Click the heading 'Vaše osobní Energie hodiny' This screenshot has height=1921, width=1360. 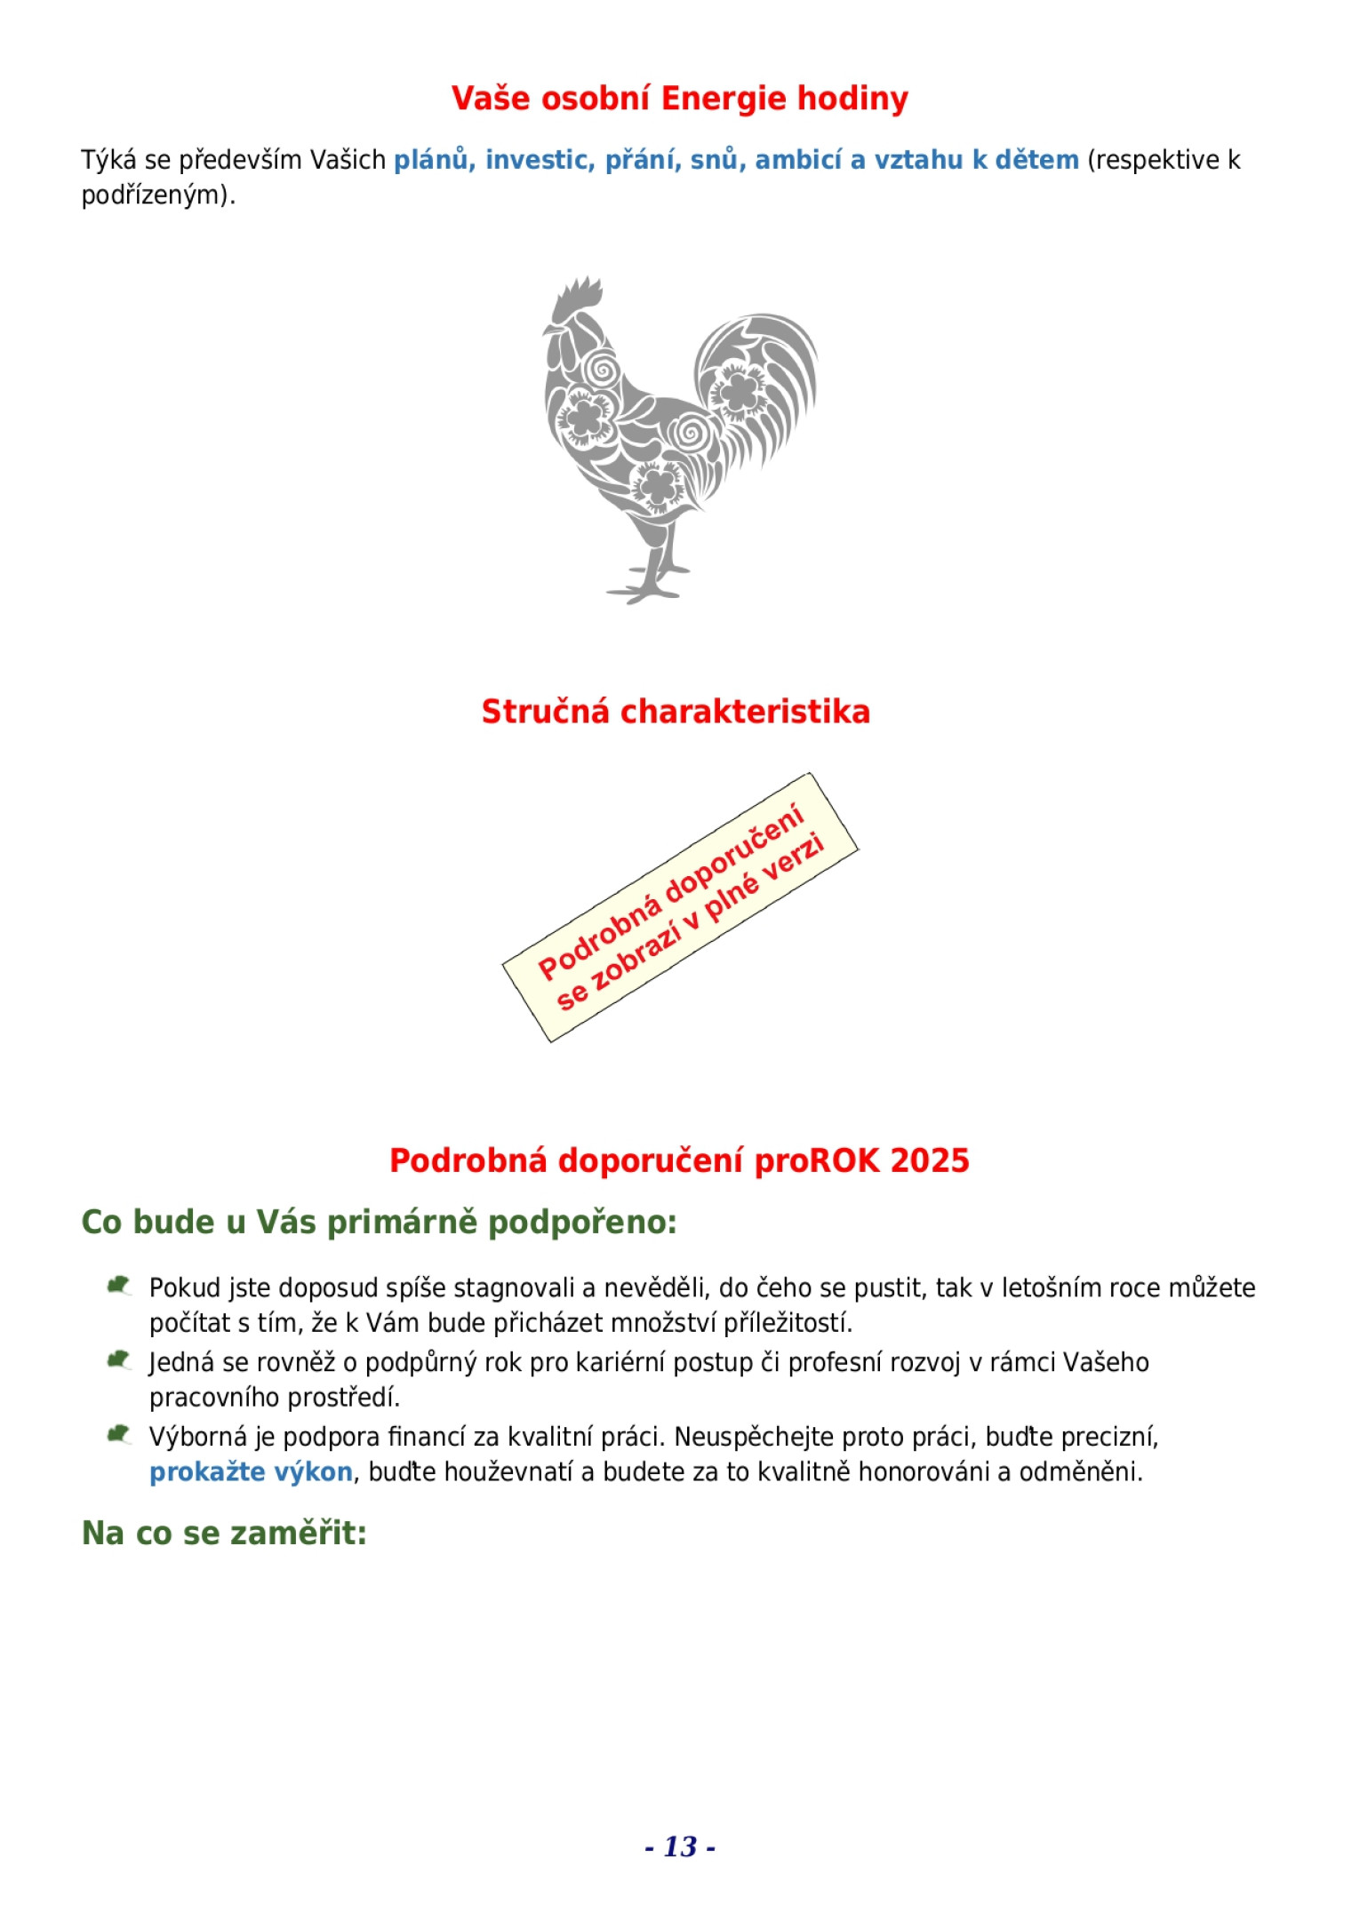coord(679,99)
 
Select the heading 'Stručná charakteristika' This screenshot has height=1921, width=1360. coord(676,712)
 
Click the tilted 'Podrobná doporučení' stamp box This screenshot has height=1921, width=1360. coord(681,907)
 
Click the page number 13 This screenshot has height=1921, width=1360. coord(680,1846)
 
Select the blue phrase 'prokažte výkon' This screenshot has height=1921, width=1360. coord(251,1472)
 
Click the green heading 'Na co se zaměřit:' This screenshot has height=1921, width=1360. coord(224,1533)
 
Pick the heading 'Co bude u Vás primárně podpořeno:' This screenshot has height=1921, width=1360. coord(379,1222)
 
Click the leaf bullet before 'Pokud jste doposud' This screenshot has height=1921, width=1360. coord(118,1286)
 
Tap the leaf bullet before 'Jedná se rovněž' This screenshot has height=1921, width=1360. coord(118,1360)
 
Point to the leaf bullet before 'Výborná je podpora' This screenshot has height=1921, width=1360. coord(118,1435)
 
